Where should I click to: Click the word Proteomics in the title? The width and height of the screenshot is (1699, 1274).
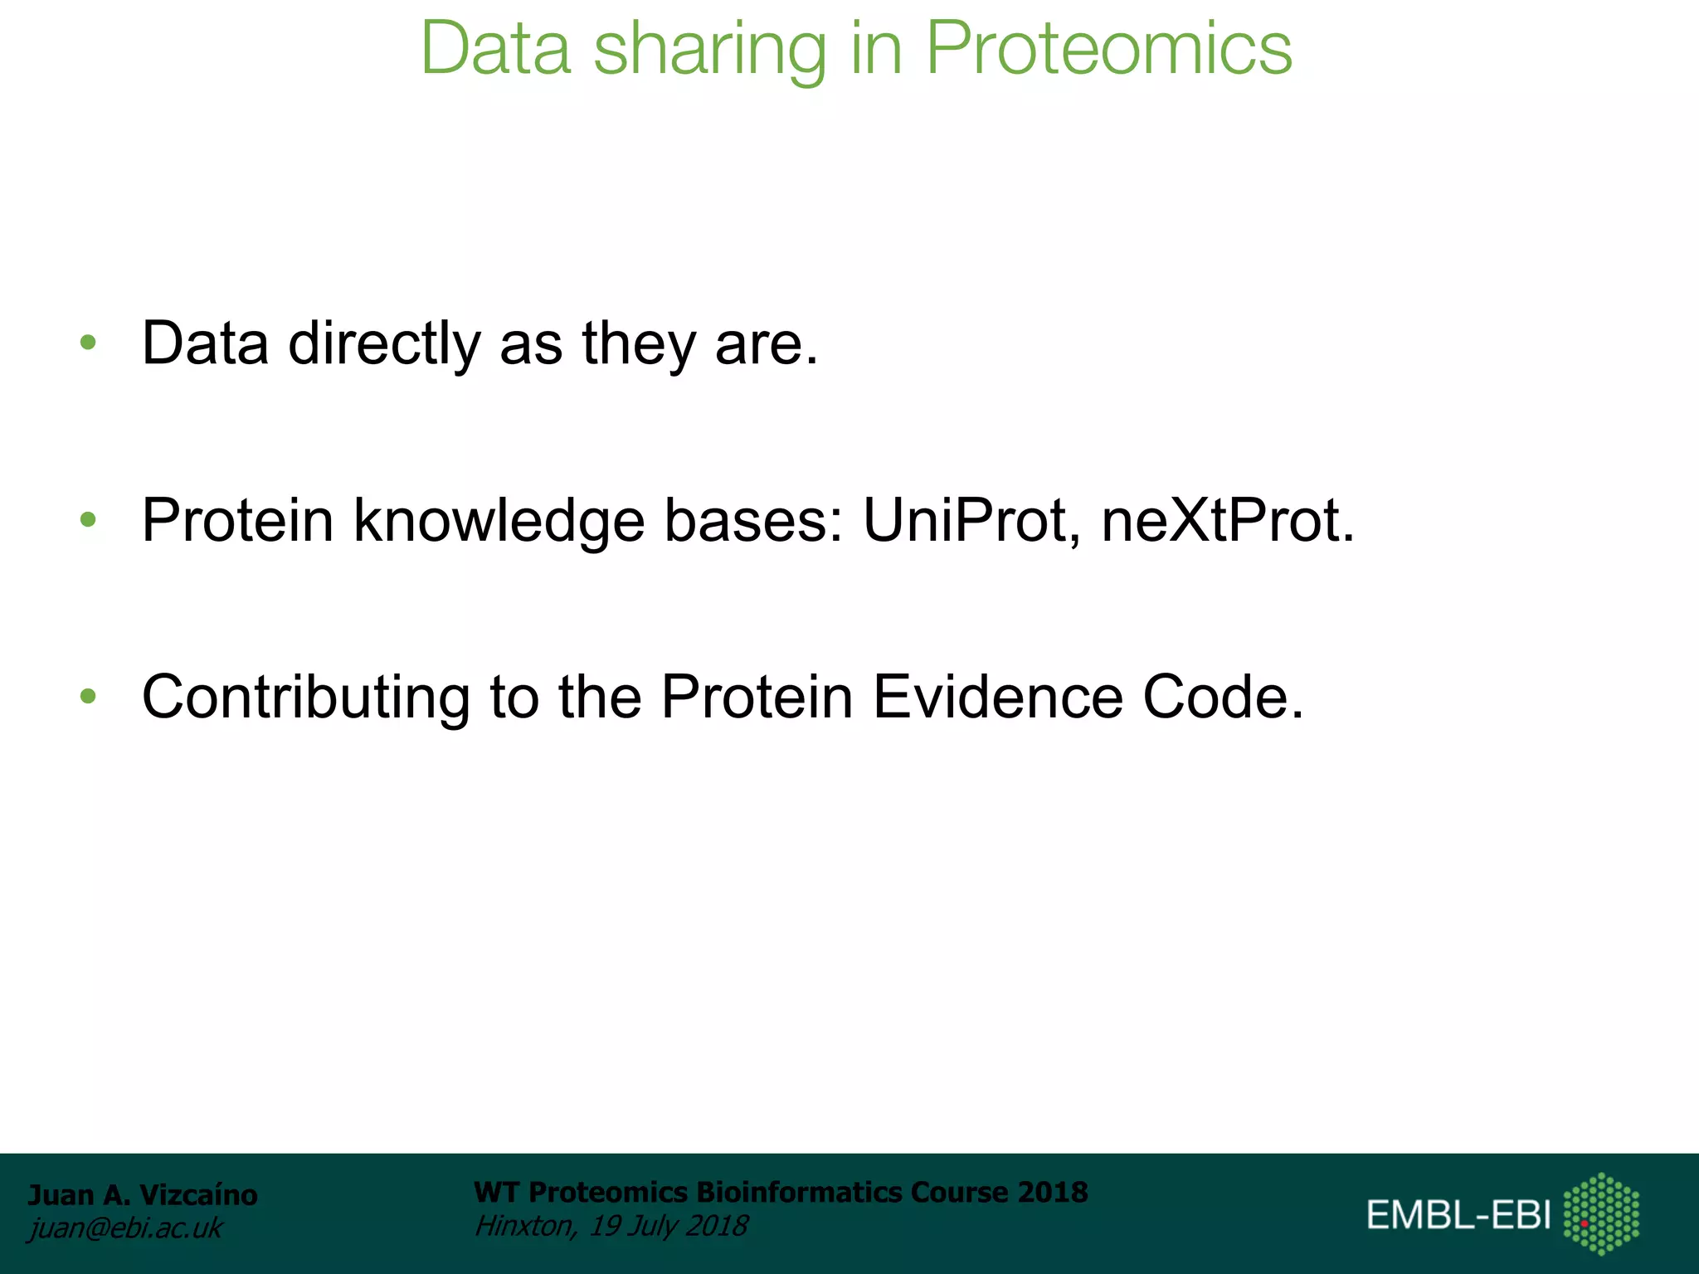[x=1108, y=50]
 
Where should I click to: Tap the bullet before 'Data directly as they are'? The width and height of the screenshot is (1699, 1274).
[x=88, y=343]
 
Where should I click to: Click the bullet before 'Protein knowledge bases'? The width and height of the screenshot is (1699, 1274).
[x=88, y=520]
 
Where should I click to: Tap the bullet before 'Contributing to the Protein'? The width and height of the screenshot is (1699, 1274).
[x=88, y=697]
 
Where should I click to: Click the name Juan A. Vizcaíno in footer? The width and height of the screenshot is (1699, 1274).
[x=143, y=1195]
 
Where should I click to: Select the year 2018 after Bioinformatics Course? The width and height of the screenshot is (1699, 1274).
[x=1053, y=1192]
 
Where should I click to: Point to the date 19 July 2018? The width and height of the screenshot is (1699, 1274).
[x=669, y=1226]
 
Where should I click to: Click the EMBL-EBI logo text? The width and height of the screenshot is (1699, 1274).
[x=1458, y=1215]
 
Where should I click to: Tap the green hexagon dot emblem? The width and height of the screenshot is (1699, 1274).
[x=1601, y=1213]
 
